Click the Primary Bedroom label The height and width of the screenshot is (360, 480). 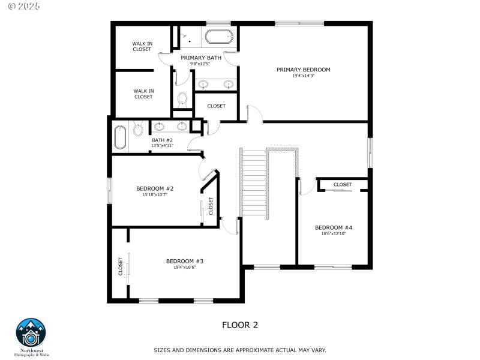tap(303, 70)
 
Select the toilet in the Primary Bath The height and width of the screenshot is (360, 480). tap(183, 98)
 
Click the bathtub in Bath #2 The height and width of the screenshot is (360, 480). tap(120, 137)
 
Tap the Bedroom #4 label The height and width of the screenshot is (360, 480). tap(333, 227)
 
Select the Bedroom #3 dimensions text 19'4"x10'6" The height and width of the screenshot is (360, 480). tap(185, 268)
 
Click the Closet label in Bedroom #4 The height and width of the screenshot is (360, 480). tap(343, 184)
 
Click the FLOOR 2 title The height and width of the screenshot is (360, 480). tap(240, 325)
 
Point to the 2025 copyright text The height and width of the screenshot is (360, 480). tap(20, 6)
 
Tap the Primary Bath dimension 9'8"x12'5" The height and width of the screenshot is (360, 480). tap(201, 64)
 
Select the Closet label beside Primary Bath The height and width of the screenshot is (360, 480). tap(216, 106)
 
